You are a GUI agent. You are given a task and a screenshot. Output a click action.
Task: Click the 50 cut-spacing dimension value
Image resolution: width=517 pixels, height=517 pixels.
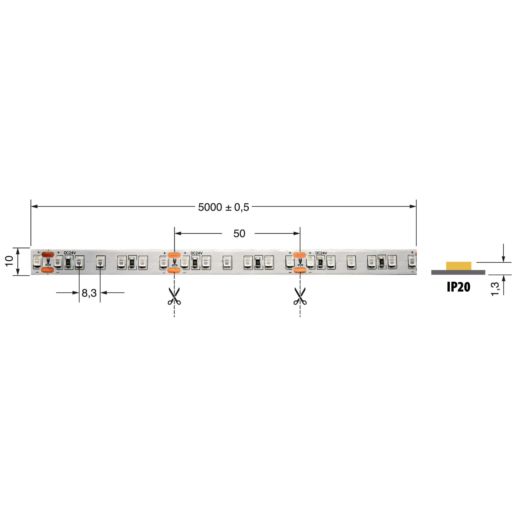click(239, 234)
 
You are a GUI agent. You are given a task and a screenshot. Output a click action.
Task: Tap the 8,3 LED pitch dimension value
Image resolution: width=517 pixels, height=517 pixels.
click(89, 293)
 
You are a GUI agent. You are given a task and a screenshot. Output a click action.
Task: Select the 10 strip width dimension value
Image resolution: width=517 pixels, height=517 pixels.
click(9, 261)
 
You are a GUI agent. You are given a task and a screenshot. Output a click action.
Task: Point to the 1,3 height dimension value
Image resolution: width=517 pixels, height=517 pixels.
click(495, 289)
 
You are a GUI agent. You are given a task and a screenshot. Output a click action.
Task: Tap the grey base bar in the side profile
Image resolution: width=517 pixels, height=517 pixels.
click(458, 272)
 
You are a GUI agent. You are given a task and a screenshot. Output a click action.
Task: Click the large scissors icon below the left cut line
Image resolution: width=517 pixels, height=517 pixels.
click(174, 297)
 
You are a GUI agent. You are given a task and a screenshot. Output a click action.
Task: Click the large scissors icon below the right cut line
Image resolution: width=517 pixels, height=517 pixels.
click(300, 297)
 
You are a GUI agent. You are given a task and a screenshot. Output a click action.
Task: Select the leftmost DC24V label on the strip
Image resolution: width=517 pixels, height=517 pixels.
click(70, 253)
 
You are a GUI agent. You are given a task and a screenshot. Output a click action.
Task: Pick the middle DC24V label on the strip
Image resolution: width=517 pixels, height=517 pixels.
click(197, 253)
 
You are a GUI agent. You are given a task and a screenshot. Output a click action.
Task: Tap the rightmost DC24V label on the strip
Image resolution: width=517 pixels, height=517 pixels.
click(321, 253)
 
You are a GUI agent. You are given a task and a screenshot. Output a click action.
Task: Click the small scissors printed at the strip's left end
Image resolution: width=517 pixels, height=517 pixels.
click(48, 262)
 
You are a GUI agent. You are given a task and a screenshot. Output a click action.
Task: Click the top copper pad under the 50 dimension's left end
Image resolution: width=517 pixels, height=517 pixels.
click(174, 255)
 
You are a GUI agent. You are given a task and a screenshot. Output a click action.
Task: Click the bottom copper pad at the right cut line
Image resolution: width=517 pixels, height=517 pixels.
click(299, 270)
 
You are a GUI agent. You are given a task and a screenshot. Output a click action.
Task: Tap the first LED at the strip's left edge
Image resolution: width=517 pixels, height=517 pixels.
click(37, 262)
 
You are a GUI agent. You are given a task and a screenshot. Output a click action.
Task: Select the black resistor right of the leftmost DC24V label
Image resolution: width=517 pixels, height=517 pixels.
click(68, 262)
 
